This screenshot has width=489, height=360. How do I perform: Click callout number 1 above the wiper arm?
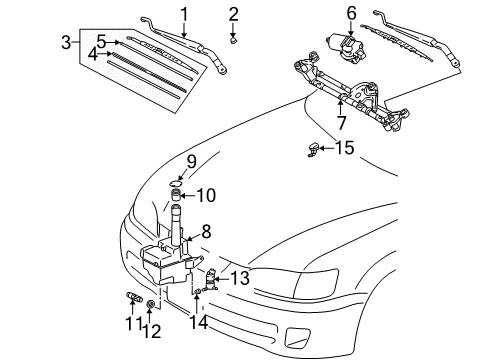coord(184,13)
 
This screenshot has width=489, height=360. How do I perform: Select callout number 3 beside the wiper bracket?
coord(65,42)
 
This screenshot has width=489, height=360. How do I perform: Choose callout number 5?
coord(101,41)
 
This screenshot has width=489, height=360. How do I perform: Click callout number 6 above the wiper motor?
coord(351,12)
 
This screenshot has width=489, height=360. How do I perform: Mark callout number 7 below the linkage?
coord(341,124)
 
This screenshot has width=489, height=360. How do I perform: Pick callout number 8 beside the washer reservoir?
coord(205,230)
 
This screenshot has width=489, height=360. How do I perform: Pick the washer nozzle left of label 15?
coord(314,150)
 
